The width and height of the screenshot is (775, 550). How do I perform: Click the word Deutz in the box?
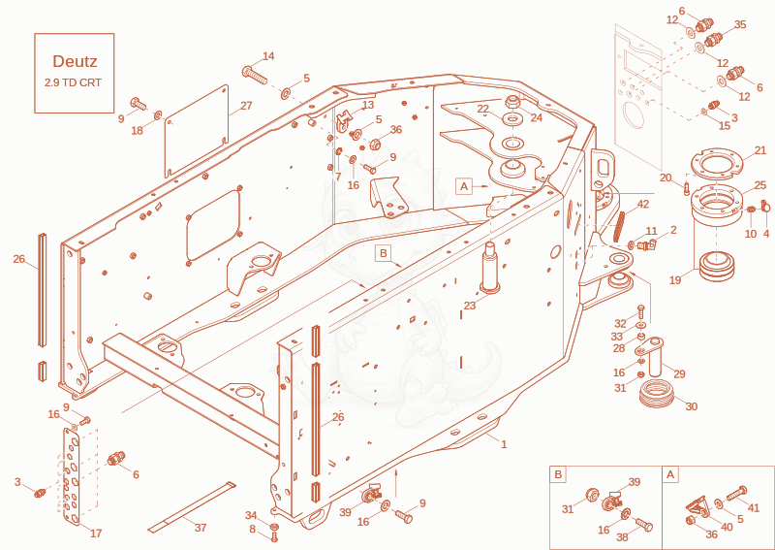(x=75, y=61)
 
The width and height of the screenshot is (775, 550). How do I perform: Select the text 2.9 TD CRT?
(x=73, y=82)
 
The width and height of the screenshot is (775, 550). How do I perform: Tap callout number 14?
(x=268, y=56)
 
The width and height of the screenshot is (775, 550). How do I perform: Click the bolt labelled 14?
(x=254, y=76)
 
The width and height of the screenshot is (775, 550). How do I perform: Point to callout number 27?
(x=247, y=106)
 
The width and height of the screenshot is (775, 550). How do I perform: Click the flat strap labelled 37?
(x=192, y=506)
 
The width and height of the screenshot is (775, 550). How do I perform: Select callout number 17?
(x=96, y=534)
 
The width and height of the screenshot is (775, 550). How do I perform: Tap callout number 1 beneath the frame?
(x=504, y=444)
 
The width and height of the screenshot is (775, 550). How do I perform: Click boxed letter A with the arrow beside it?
(x=464, y=186)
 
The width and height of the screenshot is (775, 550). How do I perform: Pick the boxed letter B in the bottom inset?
(x=558, y=475)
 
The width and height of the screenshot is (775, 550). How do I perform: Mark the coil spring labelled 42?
(x=619, y=227)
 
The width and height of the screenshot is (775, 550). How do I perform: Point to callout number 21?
(x=760, y=150)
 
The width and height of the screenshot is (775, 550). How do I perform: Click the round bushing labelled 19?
(x=717, y=268)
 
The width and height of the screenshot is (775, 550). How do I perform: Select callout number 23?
(x=469, y=306)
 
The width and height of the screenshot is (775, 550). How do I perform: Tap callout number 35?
(x=740, y=25)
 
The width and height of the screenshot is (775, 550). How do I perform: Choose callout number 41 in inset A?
(x=754, y=507)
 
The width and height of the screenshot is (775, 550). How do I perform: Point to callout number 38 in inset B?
(x=622, y=537)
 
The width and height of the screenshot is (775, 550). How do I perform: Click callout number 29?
(x=680, y=373)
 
